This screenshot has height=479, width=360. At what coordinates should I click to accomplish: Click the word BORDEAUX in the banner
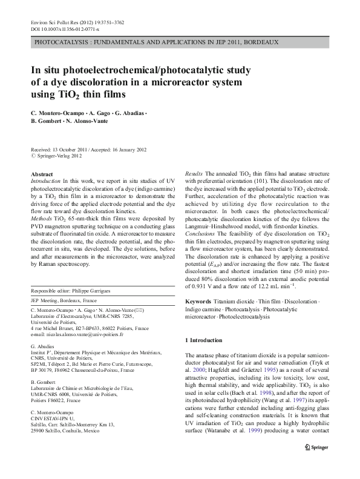point(259,42)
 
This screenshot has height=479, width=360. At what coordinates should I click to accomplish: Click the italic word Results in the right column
point(194,174)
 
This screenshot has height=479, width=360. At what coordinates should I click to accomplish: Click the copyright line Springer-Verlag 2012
point(58,156)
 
